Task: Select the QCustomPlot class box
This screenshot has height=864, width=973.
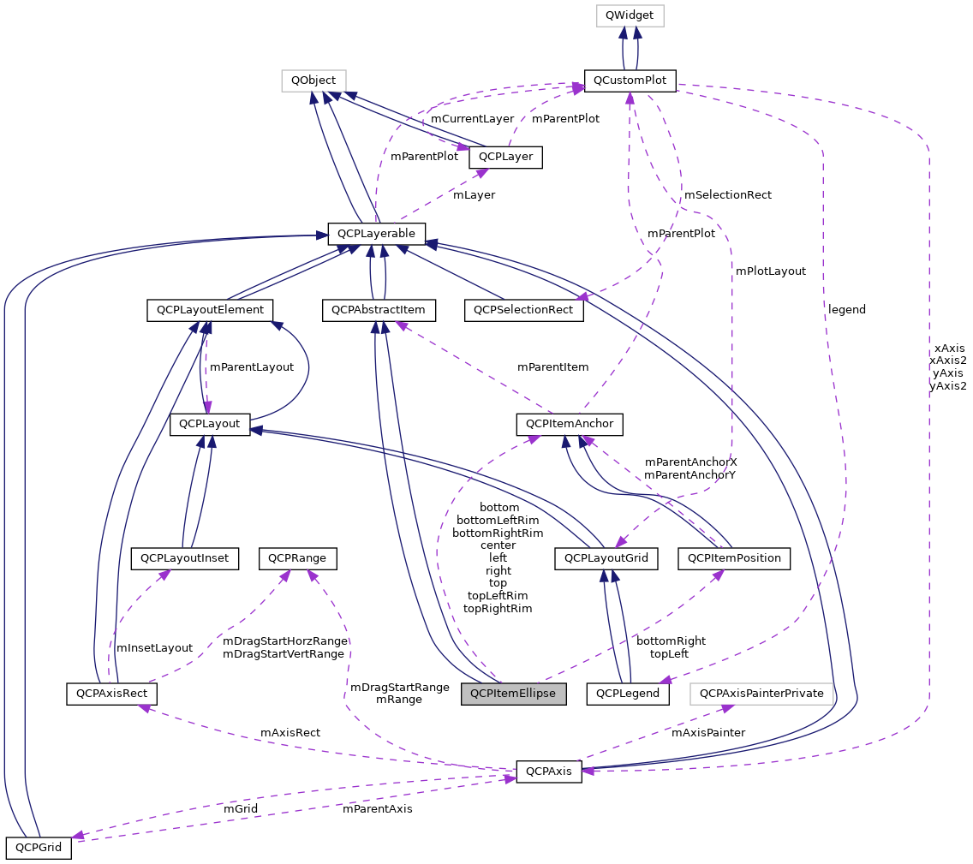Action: pos(630,80)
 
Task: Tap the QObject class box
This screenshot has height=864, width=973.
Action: pos(313,80)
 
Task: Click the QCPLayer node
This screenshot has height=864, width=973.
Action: pos(505,157)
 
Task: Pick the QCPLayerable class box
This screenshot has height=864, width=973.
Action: pos(377,233)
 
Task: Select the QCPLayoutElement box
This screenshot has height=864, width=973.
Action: pos(210,309)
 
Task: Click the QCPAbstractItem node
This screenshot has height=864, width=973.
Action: pos(379,309)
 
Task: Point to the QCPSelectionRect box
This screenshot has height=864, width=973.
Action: pos(523,309)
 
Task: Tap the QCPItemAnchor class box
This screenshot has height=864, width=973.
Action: pos(569,423)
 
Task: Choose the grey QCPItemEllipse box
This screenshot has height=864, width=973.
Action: pos(514,694)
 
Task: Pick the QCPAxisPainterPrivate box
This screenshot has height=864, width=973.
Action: pos(761,694)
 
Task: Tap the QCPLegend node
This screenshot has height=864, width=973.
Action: pos(628,694)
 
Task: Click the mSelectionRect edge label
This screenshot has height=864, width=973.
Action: pos(727,195)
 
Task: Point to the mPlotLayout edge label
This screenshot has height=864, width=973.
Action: pos(770,271)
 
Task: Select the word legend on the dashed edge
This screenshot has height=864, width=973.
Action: pos(846,309)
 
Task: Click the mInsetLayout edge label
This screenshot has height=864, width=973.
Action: pos(154,648)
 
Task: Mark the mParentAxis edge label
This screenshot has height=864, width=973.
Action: pos(377,809)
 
